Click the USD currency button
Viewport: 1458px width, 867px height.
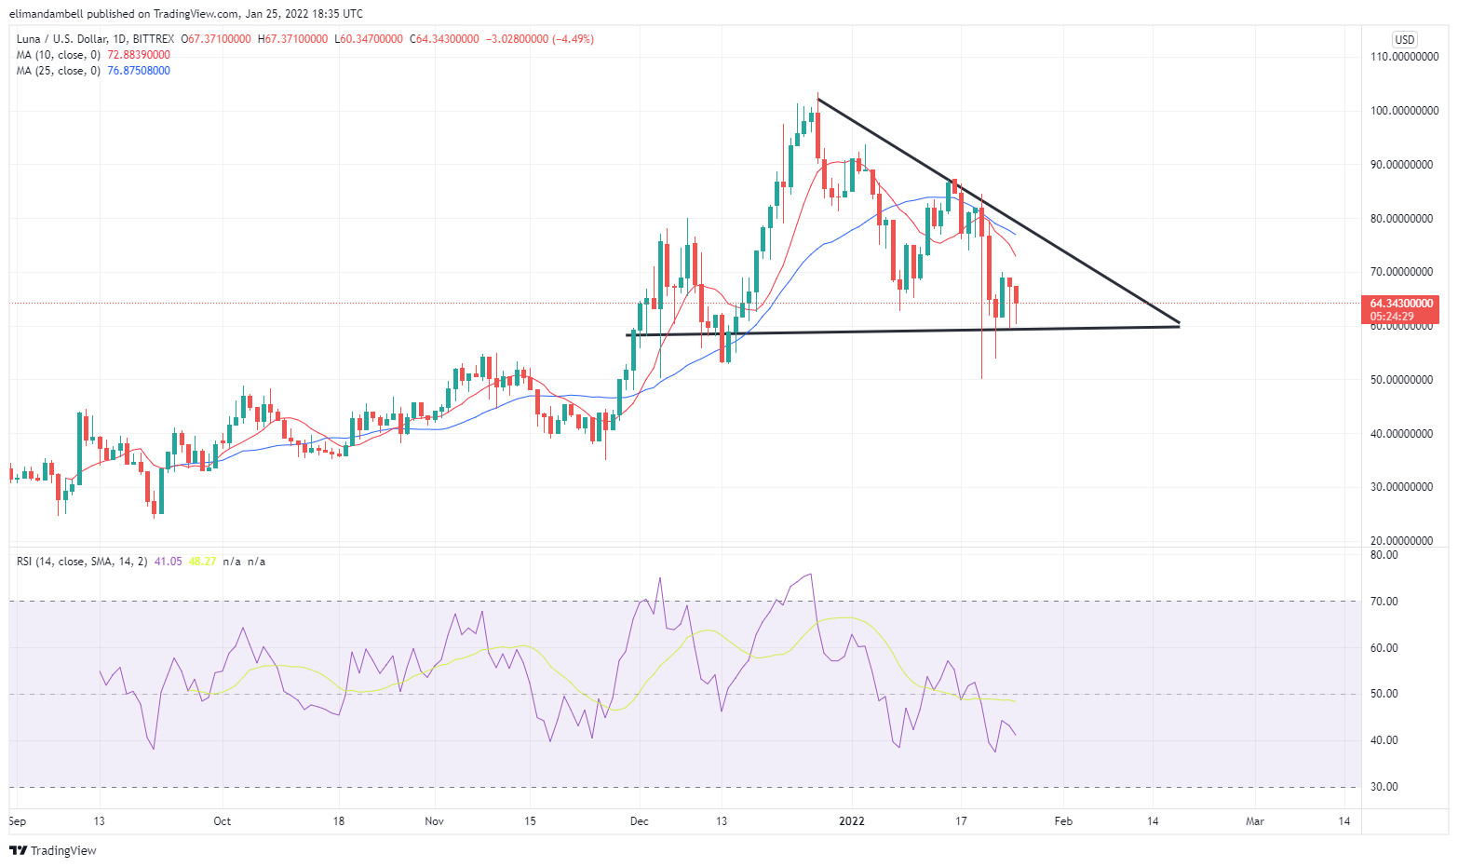pyautogui.click(x=1404, y=39)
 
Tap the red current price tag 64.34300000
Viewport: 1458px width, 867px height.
pyautogui.click(x=1401, y=304)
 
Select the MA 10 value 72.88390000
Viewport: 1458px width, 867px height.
pyautogui.click(x=139, y=55)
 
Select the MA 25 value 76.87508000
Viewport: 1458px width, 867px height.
pyautogui.click(x=139, y=71)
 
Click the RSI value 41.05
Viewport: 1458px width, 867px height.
pyautogui.click(x=168, y=562)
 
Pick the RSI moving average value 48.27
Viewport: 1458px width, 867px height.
pyautogui.click(x=202, y=562)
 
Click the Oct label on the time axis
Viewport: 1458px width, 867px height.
pyautogui.click(x=222, y=821)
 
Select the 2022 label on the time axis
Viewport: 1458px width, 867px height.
pyautogui.click(x=852, y=821)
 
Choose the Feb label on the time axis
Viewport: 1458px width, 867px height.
pyautogui.click(x=1063, y=821)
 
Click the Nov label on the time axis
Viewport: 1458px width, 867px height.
pyautogui.click(x=435, y=821)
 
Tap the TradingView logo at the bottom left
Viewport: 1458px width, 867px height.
pyautogui.click(x=53, y=850)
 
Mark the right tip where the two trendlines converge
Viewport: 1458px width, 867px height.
pyautogui.click(x=1179, y=324)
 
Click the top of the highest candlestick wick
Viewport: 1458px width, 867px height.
pyautogui.click(x=817, y=93)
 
